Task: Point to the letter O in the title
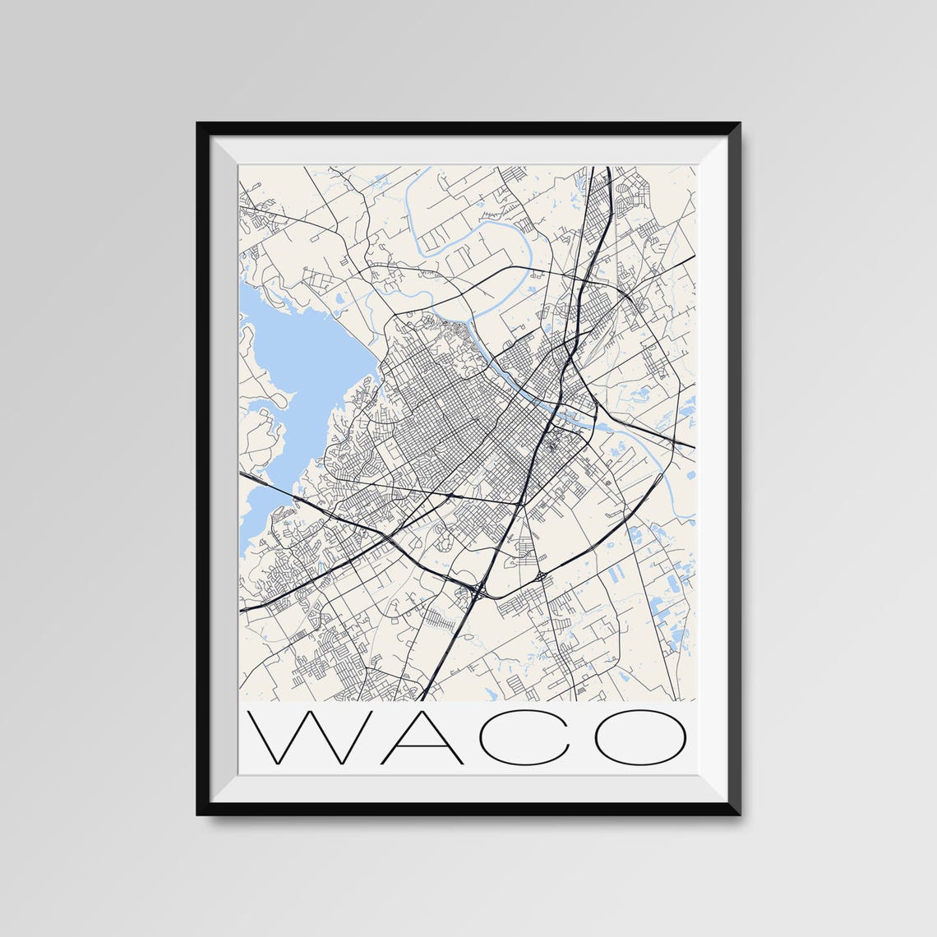640,737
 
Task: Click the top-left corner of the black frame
199,125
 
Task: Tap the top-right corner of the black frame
738,125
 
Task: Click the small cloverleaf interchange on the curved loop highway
543,576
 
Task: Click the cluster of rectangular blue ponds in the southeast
670,604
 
